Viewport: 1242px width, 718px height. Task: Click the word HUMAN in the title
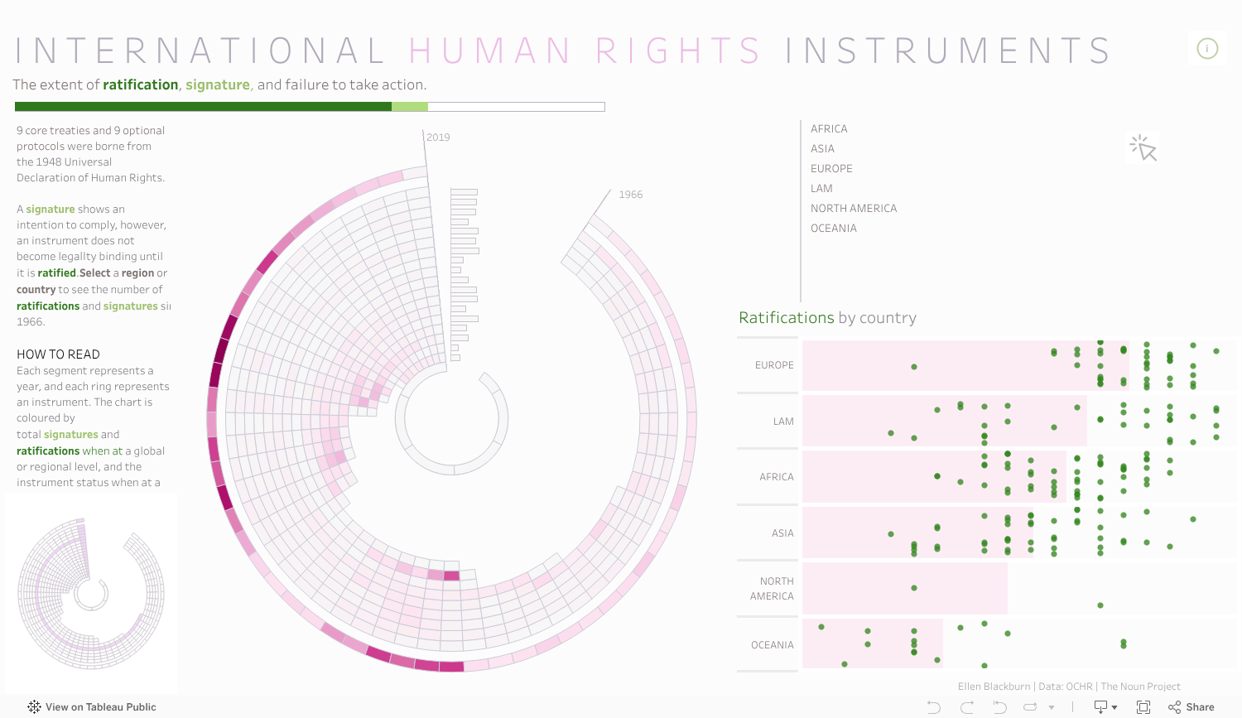coord(489,51)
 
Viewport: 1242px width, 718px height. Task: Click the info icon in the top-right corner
coord(1207,49)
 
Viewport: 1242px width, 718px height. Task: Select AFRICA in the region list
coord(829,129)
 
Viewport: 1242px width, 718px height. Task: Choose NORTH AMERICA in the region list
coord(854,209)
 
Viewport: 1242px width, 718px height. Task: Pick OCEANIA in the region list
coord(834,229)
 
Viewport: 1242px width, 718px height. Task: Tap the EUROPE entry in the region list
coord(831,169)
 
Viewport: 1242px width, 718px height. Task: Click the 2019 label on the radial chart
coord(438,137)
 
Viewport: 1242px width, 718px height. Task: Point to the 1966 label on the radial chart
coord(631,195)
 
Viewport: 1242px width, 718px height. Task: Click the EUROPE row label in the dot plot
coord(774,365)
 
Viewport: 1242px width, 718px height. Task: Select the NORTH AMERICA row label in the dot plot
coord(772,589)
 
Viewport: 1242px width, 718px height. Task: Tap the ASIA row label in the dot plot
coord(782,533)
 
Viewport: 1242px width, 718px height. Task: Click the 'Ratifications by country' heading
coord(827,318)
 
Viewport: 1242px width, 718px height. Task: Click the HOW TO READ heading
coord(58,354)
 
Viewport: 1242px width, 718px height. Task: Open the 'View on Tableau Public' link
coord(92,707)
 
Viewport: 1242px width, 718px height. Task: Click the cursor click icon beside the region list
coord(1143,148)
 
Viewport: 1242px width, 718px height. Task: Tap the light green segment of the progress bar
coord(410,107)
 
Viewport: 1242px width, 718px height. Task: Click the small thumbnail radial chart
coord(91,593)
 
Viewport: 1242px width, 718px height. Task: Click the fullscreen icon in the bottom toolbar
coord(1143,707)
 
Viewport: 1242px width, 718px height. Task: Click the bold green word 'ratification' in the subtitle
coord(141,84)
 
